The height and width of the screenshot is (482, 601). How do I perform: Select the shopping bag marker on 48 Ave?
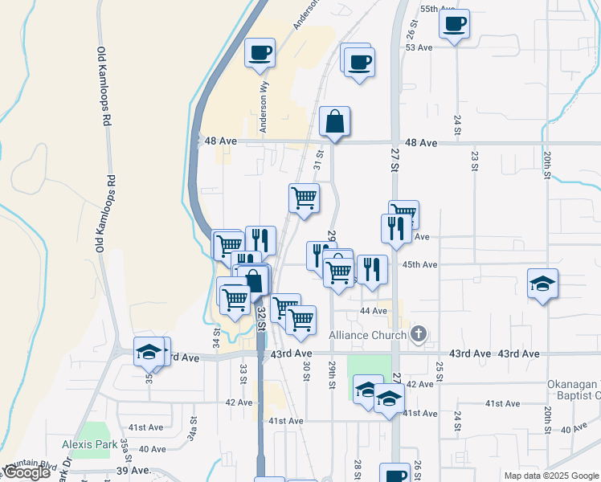(x=334, y=122)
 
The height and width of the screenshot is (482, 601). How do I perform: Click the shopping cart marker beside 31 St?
(x=304, y=198)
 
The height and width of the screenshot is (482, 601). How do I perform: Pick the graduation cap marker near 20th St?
(x=543, y=283)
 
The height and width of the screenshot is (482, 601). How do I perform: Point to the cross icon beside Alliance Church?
(x=418, y=334)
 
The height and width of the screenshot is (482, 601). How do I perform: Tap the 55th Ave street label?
(x=438, y=9)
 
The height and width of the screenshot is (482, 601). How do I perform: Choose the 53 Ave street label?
(x=419, y=47)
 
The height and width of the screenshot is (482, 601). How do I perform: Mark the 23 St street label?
(x=475, y=161)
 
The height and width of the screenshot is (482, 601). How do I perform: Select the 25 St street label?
(x=440, y=370)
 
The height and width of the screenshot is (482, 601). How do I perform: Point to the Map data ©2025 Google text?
(x=550, y=476)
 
